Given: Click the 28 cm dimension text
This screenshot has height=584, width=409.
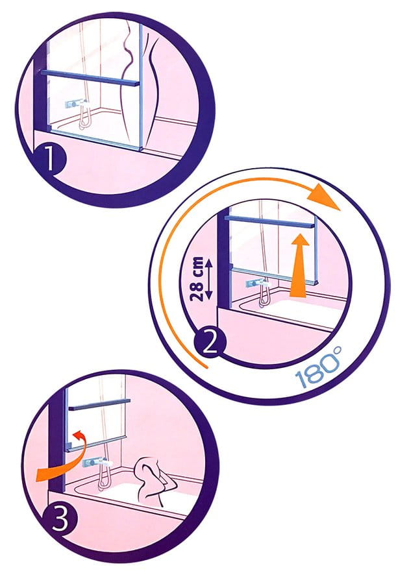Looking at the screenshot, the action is coord(196,278).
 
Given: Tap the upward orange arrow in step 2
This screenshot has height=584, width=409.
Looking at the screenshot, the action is coord(299,265).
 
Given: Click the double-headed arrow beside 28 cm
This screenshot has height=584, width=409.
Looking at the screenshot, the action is coord(209,279).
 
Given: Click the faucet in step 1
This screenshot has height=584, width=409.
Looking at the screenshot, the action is coord(76,104).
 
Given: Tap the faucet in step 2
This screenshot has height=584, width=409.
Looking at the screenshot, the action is coord(258,284).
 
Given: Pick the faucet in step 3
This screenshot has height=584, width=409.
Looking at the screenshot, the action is coord(97,463).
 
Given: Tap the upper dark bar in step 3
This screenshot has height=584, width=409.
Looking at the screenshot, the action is coord(99,405).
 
